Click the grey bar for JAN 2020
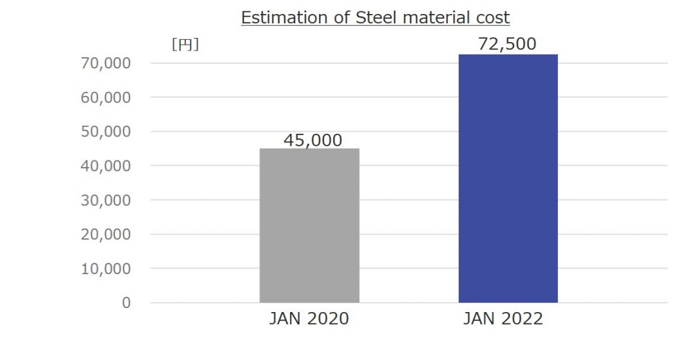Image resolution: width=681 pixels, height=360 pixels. click(x=309, y=226)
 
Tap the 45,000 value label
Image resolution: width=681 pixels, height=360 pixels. click(x=313, y=140)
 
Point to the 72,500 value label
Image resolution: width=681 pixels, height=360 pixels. click(x=507, y=44)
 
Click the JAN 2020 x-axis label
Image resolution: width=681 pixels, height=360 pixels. click(x=309, y=319)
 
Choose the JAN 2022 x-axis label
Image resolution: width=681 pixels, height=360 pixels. click(x=503, y=319)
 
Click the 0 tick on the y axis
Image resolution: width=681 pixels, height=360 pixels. click(x=126, y=303)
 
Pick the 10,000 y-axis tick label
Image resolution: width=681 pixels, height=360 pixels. click(x=106, y=269)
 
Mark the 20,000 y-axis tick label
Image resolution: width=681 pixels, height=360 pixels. click(x=106, y=234)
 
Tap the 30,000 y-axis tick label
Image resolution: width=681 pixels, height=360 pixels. click(x=106, y=200)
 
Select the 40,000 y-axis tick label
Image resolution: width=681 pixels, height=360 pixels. click(x=106, y=166)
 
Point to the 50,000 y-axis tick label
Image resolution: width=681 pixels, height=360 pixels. click(x=106, y=132)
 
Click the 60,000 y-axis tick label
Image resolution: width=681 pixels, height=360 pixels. click(x=106, y=97)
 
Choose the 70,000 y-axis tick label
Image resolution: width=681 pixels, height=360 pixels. click(x=106, y=63)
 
